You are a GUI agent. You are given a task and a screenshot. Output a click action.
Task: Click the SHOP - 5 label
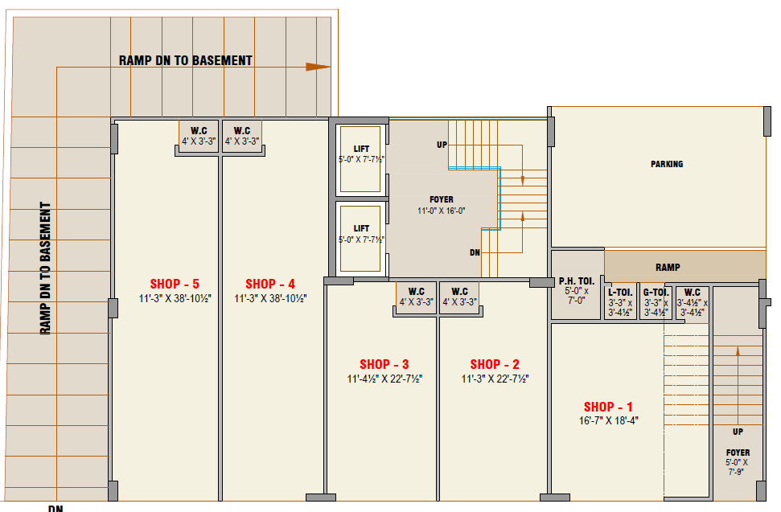pyautogui.click(x=175, y=284)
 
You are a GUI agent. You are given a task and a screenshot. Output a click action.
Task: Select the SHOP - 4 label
pyautogui.click(x=270, y=284)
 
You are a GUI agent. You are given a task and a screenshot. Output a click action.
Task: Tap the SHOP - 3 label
pyautogui.click(x=384, y=364)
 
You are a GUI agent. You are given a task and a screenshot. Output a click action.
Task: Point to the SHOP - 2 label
pyautogui.click(x=495, y=364)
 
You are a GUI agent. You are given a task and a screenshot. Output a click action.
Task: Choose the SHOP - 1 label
pyautogui.click(x=608, y=407)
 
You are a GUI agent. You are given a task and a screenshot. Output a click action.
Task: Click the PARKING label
pyautogui.click(x=667, y=164)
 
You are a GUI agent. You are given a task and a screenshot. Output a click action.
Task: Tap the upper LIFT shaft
pyautogui.click(x=360, y=159)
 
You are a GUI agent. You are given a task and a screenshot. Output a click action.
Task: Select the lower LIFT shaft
pyautogui.click(x=360, y=239)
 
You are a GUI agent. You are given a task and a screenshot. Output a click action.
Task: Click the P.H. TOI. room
pyautogui.click(x=576, y=285)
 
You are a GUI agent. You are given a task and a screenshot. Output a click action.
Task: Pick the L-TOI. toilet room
pyautogui.click(x=620, y=302)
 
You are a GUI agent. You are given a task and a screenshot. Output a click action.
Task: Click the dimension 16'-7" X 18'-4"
pyautogui.click(x=608, y=420)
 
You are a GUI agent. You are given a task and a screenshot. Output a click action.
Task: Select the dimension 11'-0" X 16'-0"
pyautogui.click(x=442, y=211)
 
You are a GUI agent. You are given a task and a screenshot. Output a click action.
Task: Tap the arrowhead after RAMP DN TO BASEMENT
pyautogui.click(x=318, y=67)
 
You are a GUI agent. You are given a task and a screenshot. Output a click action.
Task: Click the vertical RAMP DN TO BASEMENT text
pyautogui.click(x=45, y=268)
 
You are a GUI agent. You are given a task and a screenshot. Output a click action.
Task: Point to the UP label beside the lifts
pyautogui.click(x=442, y=145)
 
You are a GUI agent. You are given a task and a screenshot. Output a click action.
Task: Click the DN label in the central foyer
pyautogui.click(x=475, y=252)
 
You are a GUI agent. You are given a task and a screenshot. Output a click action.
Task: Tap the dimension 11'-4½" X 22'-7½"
pyautogui.click(x=384, y=379)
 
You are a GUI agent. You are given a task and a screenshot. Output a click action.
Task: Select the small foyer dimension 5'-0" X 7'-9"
pyautogui.click(x=737, y=467)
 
